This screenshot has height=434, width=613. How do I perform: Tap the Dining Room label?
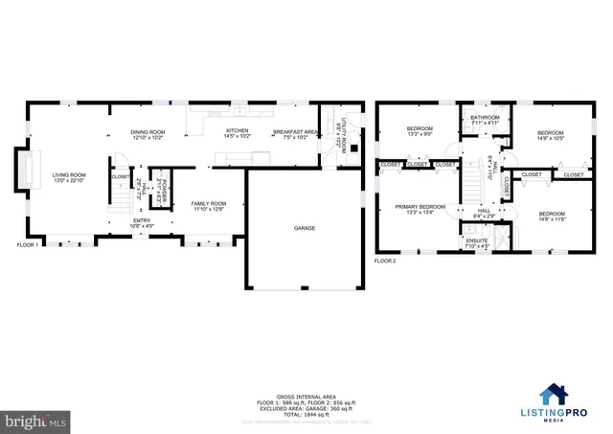pyautogui.click(x=148, y=134)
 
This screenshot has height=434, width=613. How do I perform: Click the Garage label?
pyautogui.click(x=305, y=228)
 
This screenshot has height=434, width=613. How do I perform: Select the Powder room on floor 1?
pyautogui.click(x=163, y=189)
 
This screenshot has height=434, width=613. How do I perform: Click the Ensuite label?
pyautogui.click(x=477, y=243)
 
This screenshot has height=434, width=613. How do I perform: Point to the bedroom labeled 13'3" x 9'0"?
pyautogui.click(x=420, y=131)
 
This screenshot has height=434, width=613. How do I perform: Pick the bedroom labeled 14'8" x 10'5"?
pyautogui.click(x=551, y=136)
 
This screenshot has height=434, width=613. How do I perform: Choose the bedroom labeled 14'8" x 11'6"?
pyautogui.click(x=551, y=217)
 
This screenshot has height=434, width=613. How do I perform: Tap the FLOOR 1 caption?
pyautogui.click(x=28, y=245)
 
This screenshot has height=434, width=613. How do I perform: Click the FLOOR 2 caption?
pyautogui.click(x=384, y=261)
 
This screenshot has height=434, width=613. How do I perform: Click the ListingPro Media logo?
pyautogui.click(x=570, y=396)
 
